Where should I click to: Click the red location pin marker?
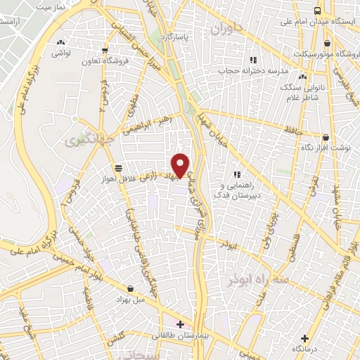(x=181, y=165)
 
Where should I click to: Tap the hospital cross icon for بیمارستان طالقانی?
(x=181, y=324)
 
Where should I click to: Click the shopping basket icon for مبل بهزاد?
(x=131, y=287)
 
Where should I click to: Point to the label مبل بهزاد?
(x=131, y=298)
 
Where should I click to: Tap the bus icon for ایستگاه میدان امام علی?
(x=317, y=11)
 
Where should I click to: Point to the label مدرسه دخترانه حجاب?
(x=256, y=71)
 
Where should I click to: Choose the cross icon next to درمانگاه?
(x=304, y=337)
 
